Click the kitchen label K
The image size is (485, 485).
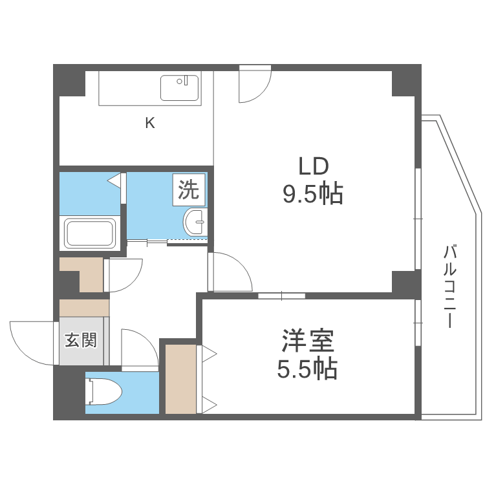[x=149, y=123]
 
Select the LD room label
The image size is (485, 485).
[x=314, y=166]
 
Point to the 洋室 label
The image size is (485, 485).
[x=308, y=341]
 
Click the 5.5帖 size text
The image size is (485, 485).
[x=308, y=369]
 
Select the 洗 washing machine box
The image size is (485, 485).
[x=189, y=190]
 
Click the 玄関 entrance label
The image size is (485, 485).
[x=81, y=340]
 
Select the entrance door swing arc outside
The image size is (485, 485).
[x=29, y=341]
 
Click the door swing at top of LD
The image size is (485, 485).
[x=253, y=84]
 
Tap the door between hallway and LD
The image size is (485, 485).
[x=230, y=272]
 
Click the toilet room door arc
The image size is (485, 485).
[x=137, y=349]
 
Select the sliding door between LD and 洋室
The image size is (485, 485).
[x=281, y=296]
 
